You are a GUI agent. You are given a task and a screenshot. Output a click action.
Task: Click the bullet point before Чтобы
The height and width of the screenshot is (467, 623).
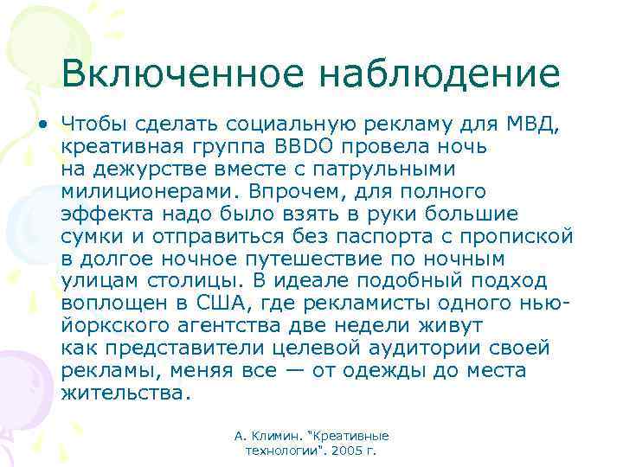coord(42,125)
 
